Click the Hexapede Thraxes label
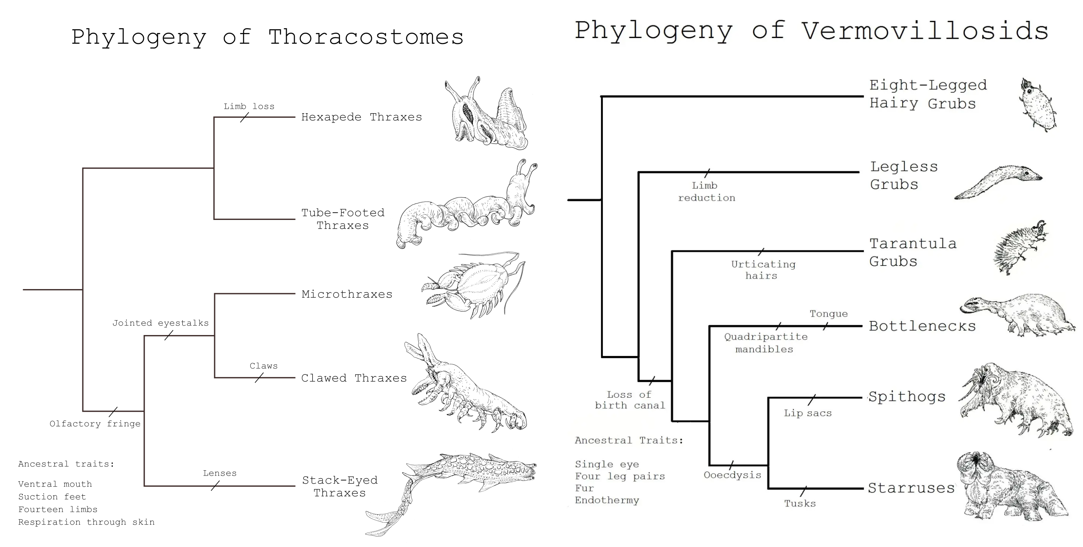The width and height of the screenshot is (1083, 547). click(362, 117)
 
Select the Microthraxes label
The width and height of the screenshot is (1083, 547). click(347, 294)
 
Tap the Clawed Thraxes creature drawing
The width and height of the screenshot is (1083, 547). click(462, 387)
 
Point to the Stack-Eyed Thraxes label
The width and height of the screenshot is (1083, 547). click(340, 486)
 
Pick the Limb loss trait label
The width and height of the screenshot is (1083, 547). click(249, 106)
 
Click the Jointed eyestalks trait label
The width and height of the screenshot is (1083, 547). click(160, 323)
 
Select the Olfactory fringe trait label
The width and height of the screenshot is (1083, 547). click(95, 424)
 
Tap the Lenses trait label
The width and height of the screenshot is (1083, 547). click(220, 473)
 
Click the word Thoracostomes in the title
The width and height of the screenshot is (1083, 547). click(366, 37)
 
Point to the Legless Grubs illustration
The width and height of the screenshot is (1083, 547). click(999, 182)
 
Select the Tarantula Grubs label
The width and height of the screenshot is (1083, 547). click(912, 252)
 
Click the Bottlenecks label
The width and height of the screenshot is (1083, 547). click(922, 326)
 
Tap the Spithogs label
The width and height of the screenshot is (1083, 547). click(907, 397)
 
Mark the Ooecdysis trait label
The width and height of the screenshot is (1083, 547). click(732, 475)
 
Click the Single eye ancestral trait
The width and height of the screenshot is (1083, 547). click(607, 464)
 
